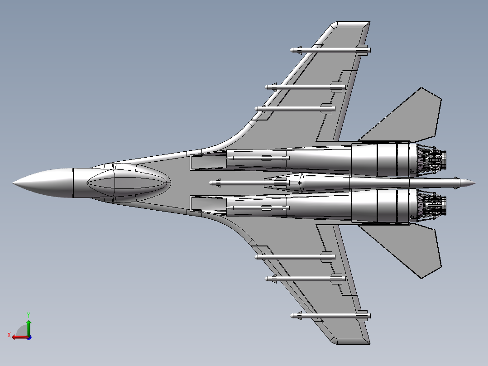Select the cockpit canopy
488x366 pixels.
128,183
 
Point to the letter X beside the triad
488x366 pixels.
9,335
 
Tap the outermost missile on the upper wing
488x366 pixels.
330,49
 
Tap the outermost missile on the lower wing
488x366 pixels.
330,315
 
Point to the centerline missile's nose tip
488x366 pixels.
211,183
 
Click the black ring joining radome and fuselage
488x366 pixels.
72,183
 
